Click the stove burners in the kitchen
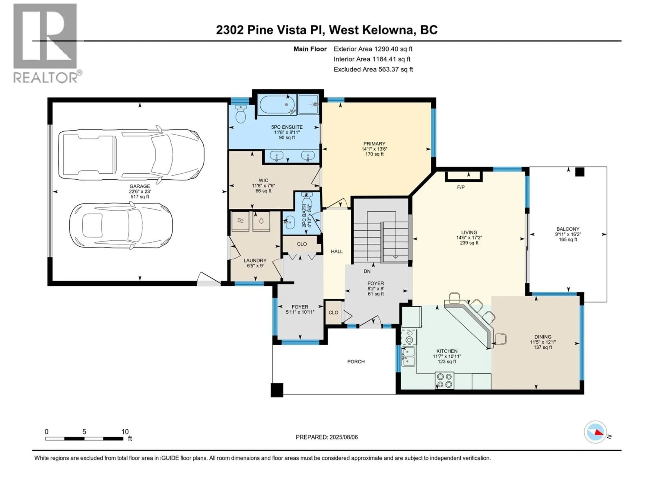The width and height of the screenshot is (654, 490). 444,380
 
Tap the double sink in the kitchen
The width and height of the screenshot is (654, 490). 409,356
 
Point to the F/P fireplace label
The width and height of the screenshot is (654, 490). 461,187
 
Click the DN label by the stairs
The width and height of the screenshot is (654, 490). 367,271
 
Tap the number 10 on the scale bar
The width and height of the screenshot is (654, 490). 125,431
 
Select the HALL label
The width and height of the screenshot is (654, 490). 337,251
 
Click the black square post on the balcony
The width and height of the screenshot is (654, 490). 580,172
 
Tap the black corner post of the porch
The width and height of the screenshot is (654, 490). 277,390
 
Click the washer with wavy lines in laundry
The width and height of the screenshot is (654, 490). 240,221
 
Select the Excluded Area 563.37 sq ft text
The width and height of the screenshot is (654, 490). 373,69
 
